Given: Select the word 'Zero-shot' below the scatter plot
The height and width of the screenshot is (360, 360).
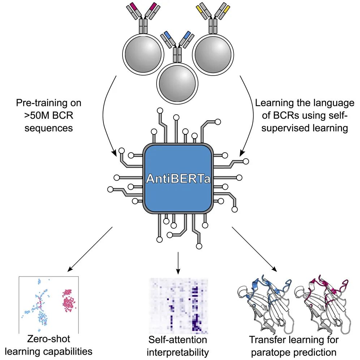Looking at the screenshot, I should pos(48,339).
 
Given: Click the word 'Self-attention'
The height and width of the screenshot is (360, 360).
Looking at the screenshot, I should pos(178,340).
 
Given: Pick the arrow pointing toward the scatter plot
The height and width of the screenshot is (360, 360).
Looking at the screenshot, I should pos(90,249).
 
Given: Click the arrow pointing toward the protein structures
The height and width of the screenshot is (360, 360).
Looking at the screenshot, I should pos(255,249).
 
